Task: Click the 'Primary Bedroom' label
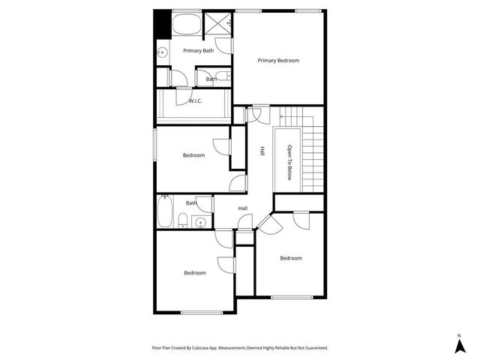point(278,60)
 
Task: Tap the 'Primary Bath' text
point(199,50)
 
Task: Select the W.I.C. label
point(195,100)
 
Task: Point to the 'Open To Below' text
point(289,162)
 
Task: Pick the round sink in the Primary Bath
point(162,52)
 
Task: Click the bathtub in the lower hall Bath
point(166,211)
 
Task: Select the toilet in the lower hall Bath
point(183,220)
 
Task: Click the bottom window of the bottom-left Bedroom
point(202,312)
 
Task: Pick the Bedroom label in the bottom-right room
point(291,258)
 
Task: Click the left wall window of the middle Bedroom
point(155,143)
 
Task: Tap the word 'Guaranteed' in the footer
point(312,348)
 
